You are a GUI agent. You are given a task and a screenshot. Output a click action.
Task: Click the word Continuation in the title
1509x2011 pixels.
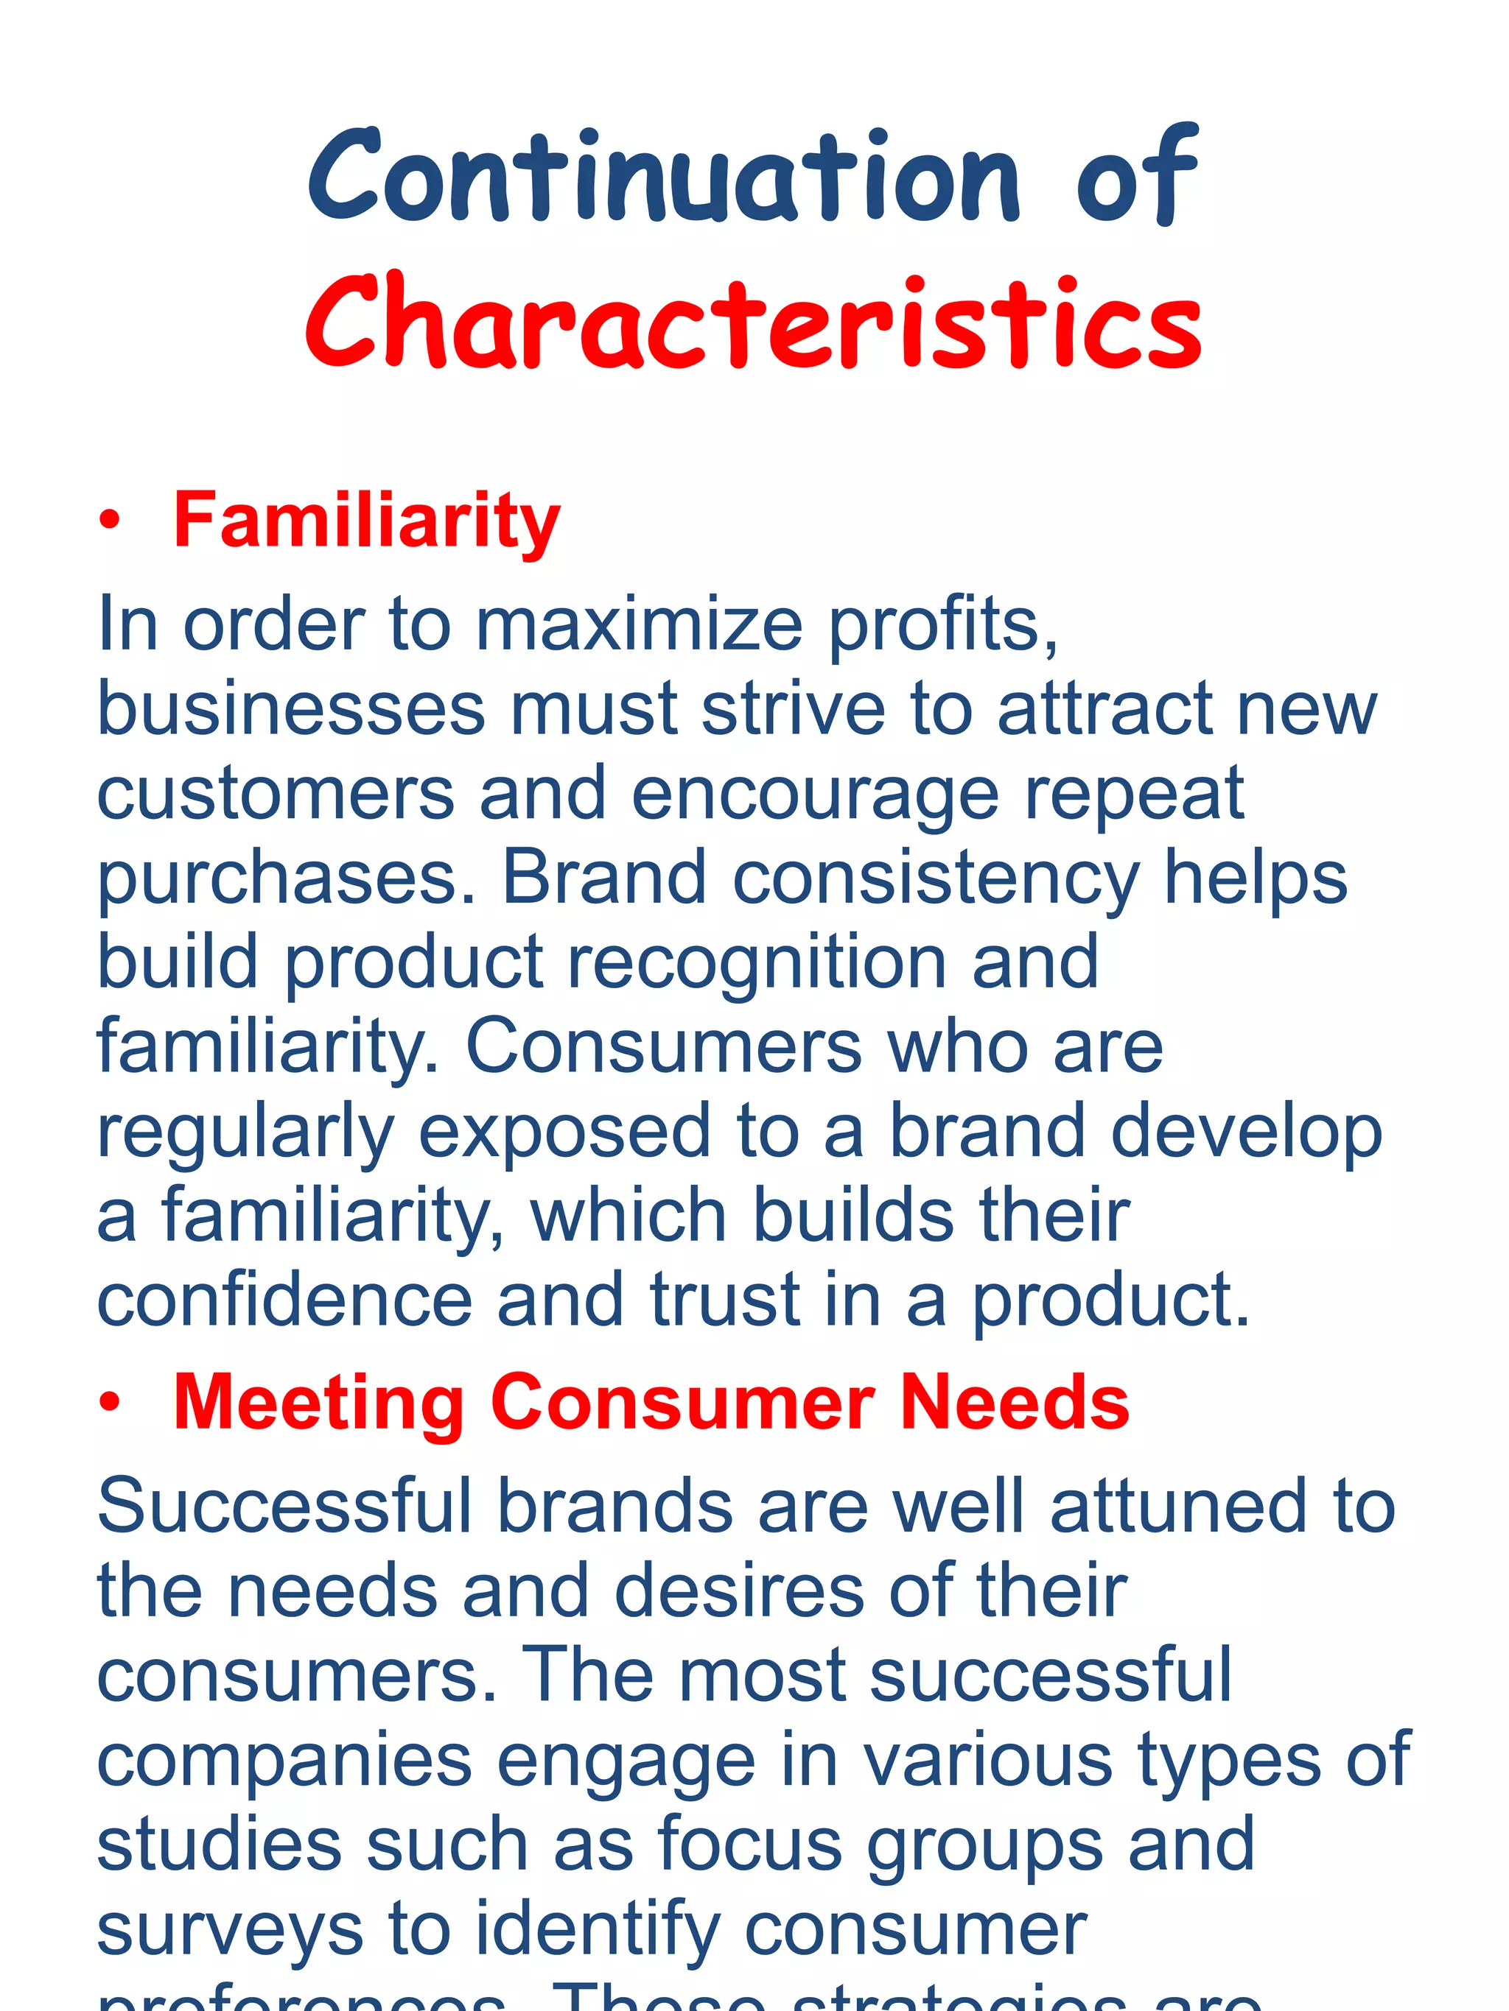coord(664,177)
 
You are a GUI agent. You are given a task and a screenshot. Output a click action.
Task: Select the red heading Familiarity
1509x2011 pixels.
coord(366,520)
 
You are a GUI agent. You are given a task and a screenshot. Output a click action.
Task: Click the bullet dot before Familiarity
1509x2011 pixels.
coord(110,521)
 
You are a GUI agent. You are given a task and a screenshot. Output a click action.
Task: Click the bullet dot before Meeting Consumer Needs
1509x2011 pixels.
coord(110,1403)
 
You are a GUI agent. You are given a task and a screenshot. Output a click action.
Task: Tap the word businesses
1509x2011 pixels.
coord(291,709)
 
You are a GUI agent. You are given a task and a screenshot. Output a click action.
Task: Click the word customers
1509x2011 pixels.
coord(275,794)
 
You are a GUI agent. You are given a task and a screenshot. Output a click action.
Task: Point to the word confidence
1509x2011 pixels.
coord(284,1300)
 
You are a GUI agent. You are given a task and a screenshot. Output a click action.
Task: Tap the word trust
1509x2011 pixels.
coord(725,1300)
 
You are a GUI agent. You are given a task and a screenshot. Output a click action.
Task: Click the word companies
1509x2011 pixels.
coord(284,1761)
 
